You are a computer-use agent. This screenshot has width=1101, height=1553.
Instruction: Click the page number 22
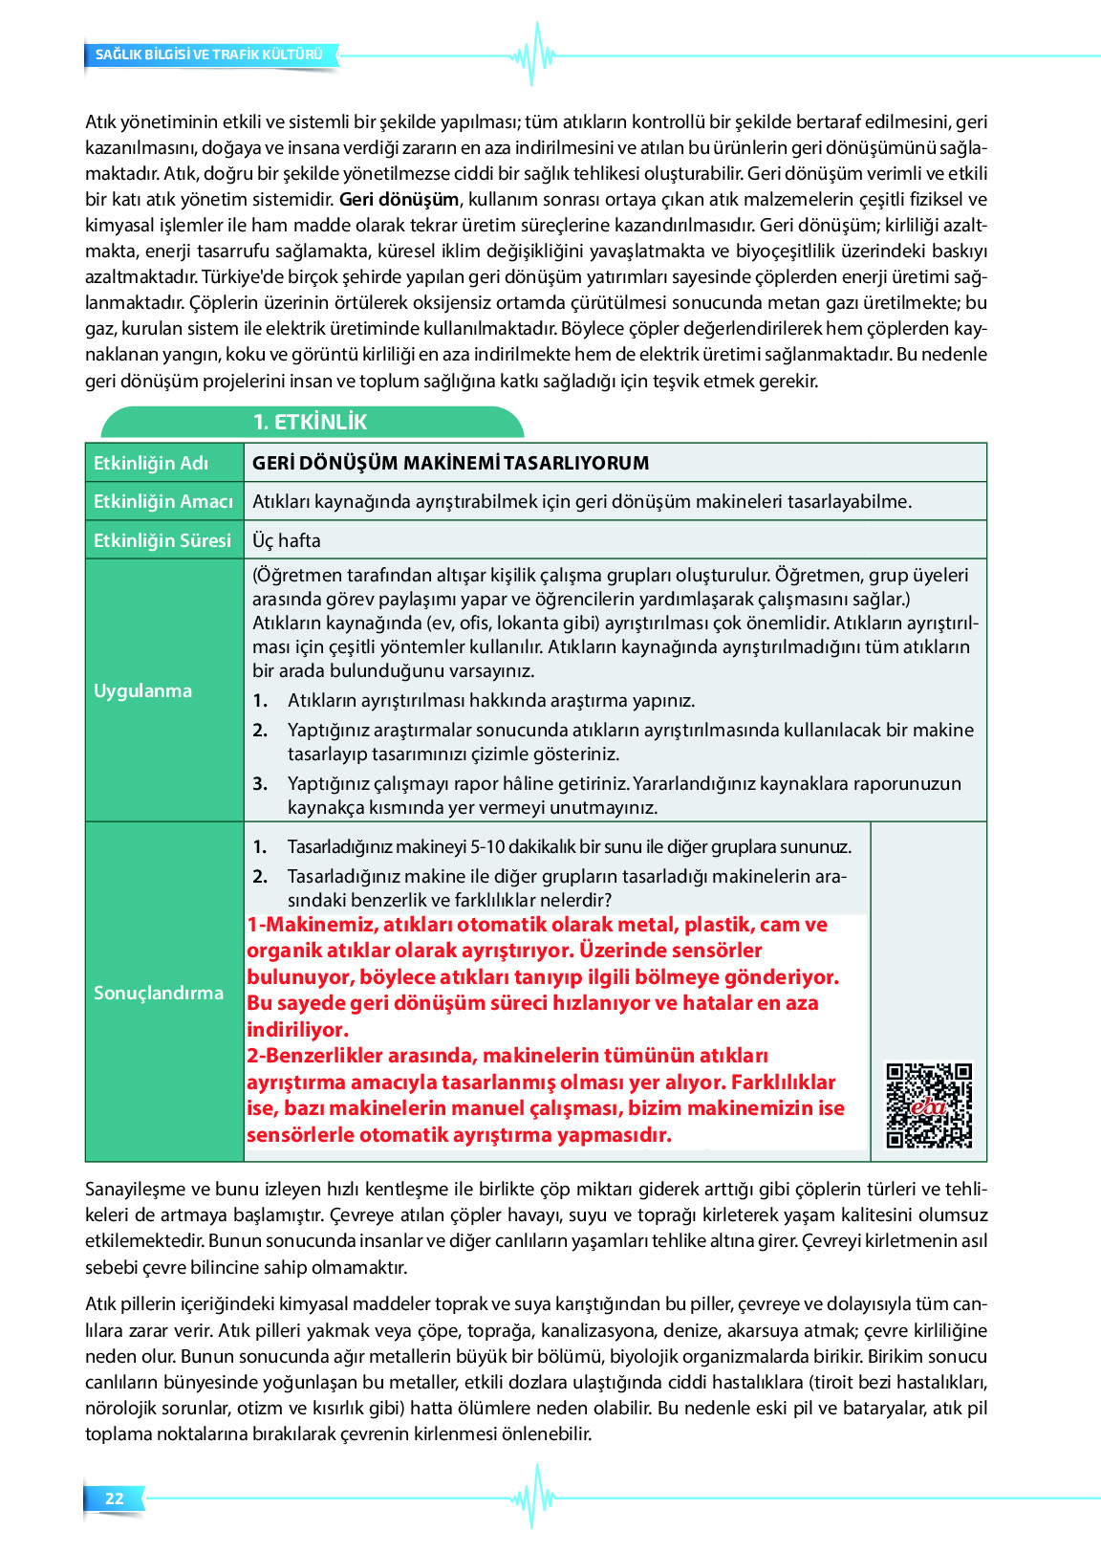[x=115, y=1498]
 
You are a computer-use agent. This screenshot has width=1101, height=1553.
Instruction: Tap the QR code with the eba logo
[x=929, y=1105]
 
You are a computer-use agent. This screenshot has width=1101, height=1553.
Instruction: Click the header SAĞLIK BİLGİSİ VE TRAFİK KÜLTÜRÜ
[x=209, y=55]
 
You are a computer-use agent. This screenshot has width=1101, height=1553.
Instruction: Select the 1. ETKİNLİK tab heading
[x=310, y=423]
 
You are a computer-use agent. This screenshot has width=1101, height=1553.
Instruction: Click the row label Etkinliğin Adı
[x=151, y=463]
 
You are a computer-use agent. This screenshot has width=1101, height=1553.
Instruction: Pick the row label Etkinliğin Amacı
[x=163, y=501]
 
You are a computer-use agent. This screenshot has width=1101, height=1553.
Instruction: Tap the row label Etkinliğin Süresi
[x=162, y=540]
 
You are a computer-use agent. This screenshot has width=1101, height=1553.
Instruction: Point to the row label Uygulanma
[x=142, y=690]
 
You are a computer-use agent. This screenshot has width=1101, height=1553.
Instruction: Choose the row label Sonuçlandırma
[x=159, y=993]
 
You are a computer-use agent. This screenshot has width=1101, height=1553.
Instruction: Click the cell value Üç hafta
[x=287, y=540]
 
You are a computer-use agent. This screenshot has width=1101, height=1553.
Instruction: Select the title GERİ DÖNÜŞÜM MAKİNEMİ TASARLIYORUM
[x=450, y=463]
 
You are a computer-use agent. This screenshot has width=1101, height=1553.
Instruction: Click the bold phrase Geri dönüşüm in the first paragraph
[x=399, y=200]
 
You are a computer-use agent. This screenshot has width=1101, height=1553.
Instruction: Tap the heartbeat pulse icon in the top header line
[x=534, y=55]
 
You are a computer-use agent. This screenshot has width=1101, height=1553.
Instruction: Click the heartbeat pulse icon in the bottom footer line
[x=534, y=1498]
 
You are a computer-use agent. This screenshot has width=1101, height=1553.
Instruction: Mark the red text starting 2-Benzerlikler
[x=545, y=1095]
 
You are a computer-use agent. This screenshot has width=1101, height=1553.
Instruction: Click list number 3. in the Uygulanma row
[x=260, y=783]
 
